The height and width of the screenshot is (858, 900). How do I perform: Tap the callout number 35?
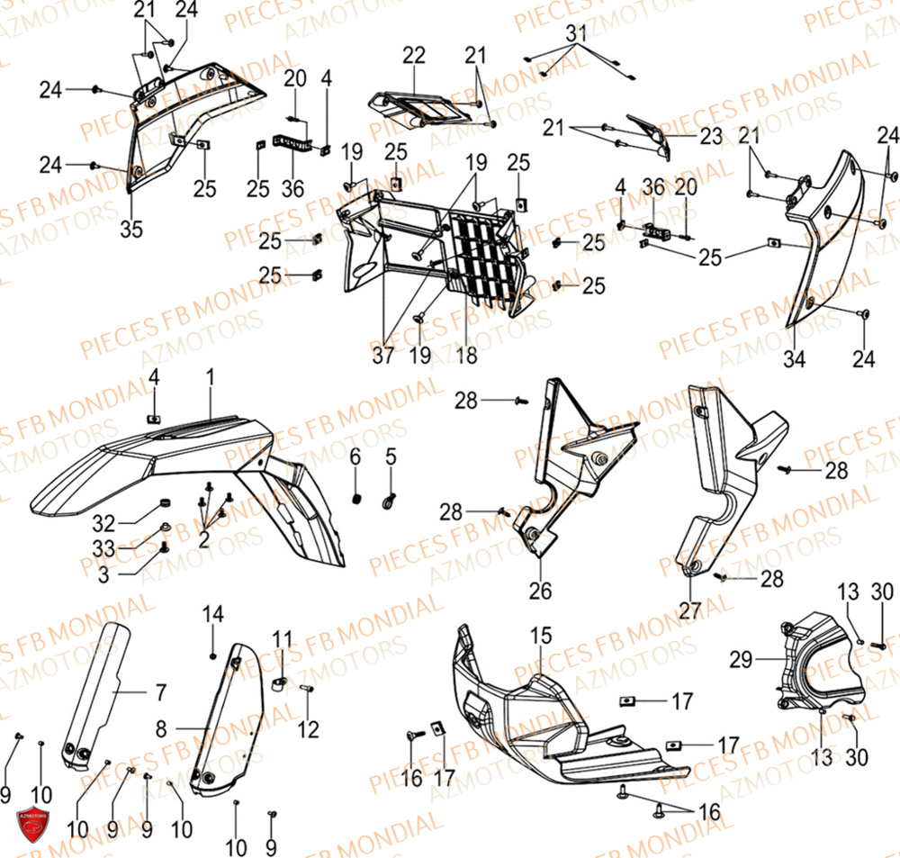131,230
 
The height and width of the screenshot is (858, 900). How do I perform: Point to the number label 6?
355,458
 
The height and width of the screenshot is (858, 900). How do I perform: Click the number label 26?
540,592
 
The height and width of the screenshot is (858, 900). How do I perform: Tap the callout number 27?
690,610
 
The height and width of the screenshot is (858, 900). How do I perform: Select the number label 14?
212,615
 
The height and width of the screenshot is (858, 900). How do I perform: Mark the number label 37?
383,357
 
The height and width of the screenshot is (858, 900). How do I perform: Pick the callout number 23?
711,137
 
